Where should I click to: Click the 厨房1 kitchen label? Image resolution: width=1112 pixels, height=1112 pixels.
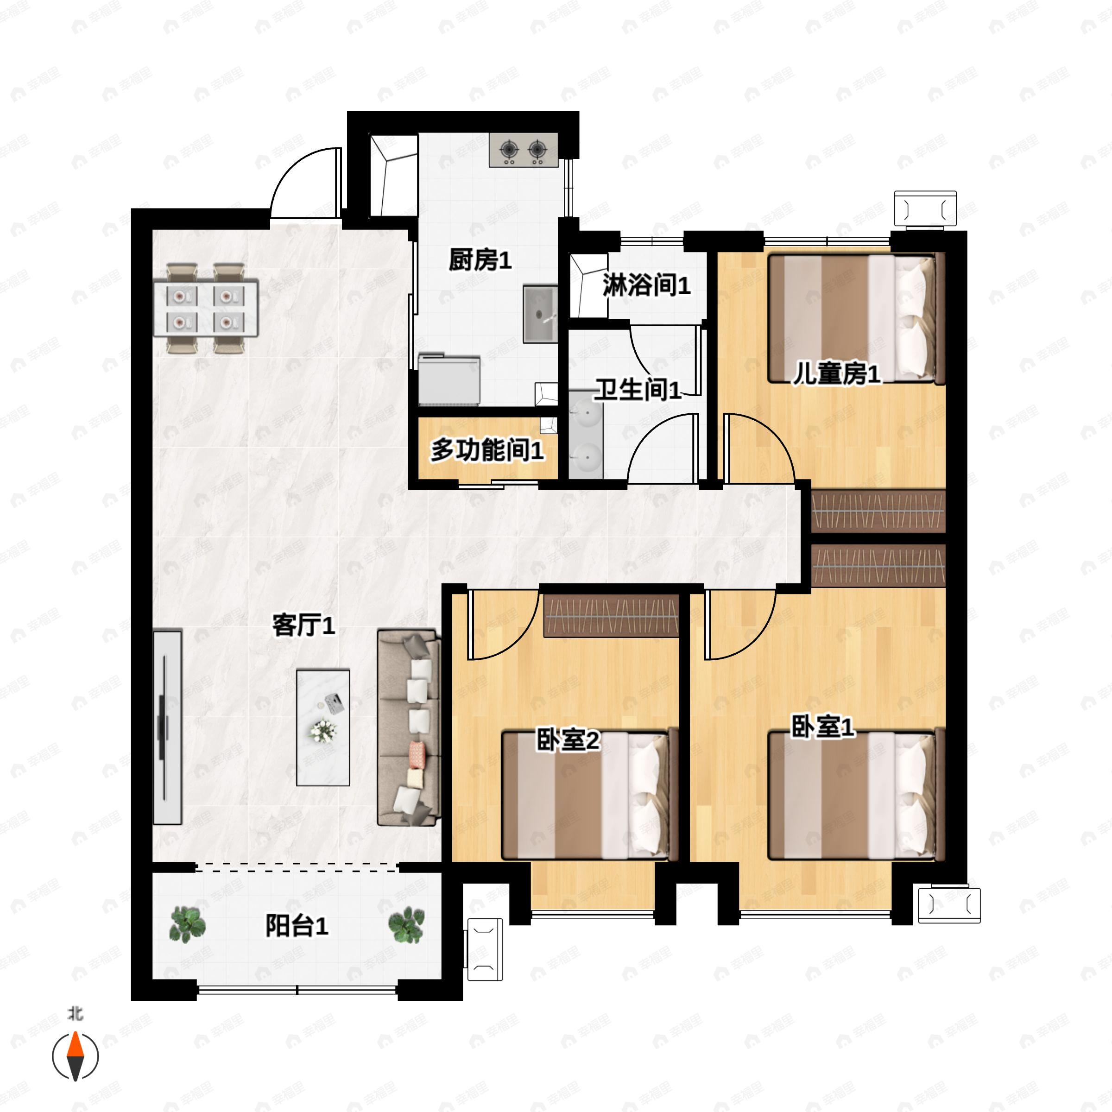click(480, 261)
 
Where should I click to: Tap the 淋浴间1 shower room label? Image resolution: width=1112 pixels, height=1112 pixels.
click(646, 285)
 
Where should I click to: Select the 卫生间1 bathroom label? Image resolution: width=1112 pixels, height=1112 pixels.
click(638, 390)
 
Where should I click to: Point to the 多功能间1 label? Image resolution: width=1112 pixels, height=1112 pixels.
click(487, 450)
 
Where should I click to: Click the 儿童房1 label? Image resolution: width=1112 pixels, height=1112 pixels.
click(836, 375)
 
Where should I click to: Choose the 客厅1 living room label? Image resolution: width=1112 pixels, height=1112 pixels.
click(303, 625)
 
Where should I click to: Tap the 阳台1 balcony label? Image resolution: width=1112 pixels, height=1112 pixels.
click(297, 926)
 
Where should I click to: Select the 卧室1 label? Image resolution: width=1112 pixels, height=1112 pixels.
click(822, 727)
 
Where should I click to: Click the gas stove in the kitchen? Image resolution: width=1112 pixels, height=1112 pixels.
click(523, 150)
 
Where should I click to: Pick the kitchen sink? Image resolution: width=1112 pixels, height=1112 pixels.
click(540, 314)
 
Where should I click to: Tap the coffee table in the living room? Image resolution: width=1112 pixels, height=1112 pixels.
click(323, 727)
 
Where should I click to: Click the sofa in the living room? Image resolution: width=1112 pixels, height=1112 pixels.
click(409, 728)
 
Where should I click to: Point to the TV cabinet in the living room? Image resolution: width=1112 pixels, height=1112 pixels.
click(167, 727)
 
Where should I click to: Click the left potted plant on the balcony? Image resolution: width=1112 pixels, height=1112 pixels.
click(188, 925)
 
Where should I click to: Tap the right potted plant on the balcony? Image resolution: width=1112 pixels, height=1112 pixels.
click(406, 925)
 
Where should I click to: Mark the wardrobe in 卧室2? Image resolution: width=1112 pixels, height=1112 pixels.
click(611, 615)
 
